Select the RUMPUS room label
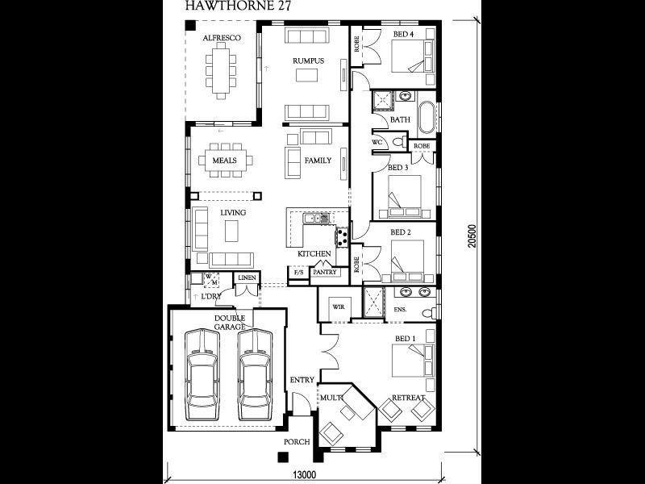pyautogui.click(x=308, y=60)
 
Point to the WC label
pyautogui.click(x=377, y=143)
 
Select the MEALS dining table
pyautogui.click(x=224, y=161)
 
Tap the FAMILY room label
pyautogui.click(x=318, y=161)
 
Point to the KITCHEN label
pyautogui.click(x=314, y=254)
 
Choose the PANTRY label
pyautogui.click(x=324, y=273)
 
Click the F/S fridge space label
pyautogui.click(x=298, y=273)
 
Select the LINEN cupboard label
pyautogui.click(x=246, y=278)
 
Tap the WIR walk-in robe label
pyautogui.click(x=336, y=306)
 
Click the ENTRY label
pyautogui.click(x=302, y=380)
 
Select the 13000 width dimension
pyautogui.click(x=304, y=474)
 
